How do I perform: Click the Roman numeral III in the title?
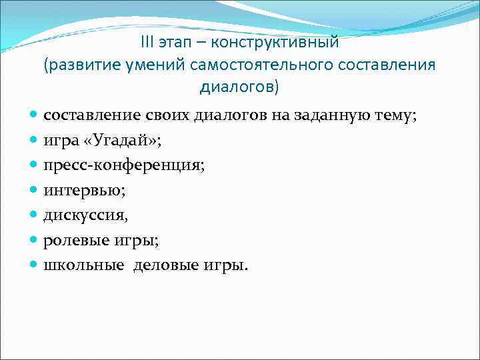pyautogui.click(x=148, y=43)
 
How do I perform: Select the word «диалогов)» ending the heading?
pyautogui.click(x=239, y=87)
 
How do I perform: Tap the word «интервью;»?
pyautogui.click(x=85, y=191)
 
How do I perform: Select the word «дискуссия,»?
pyautogui.click(x=86, y=215)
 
